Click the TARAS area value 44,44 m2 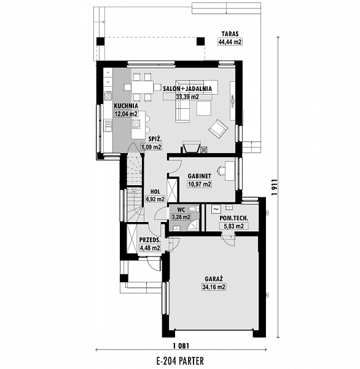pyautogui.click(x=230, y=42)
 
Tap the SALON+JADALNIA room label pyautogui.click(x=187, y=89)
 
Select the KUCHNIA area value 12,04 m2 pyautogui.click(x=126, y=114)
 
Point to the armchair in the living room pyautogui.click(x=218, y=129)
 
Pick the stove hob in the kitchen pyautogui.click(x=108, y=96)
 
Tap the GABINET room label pyautogui.click(x=200, y=176)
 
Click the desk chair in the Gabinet pyautogui.click(x=221, y=170)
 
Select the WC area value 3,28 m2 pyautogui.click(x=181, y=217)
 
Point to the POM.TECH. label pyautogui.click(x=233, y=218)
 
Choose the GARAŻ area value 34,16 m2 pyautogui.click(x=214, y=287)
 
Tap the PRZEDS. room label pyautogui.click(x=150, y=240)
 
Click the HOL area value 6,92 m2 pyautogui.click(x=155, y=199)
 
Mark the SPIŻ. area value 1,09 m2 pyautogui.click(x=151, y=148)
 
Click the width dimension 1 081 pyautogui.click(x=181, y=346)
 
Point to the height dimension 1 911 pyautogui.click(x=274, y=188)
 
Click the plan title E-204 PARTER pyautogui.click(x=180, y=360)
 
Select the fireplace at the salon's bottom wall pyautogui.click(x=192, y=147)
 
